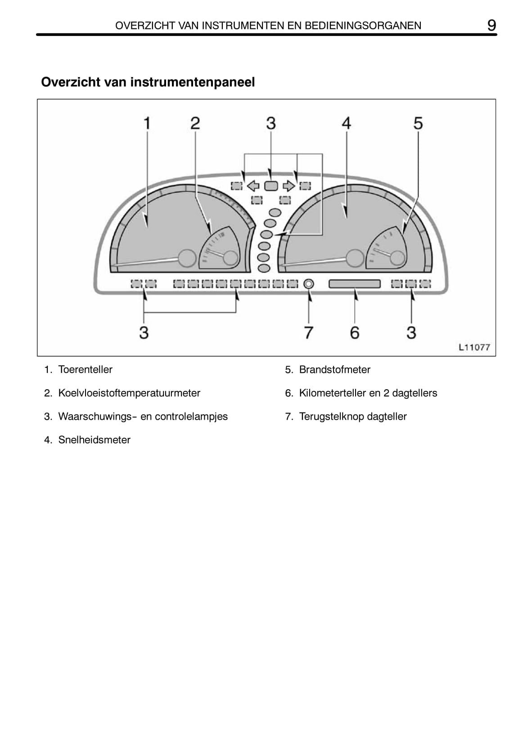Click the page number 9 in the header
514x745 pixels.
click(491, 25)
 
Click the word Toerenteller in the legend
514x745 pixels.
click(86, 369)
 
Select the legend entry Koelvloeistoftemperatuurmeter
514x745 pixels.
click(129, 393)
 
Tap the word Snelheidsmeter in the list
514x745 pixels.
click(95, 440)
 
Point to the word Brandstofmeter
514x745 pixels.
click(334, 369)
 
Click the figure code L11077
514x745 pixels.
click(474, 347)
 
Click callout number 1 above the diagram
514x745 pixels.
click(147, 123)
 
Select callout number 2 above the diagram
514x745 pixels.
click(195, 123)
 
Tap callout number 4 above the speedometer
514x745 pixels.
click(347, 123)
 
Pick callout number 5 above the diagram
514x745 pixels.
click(418, 123)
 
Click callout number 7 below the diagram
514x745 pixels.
click(309, 332)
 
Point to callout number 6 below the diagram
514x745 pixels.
click(355, 332)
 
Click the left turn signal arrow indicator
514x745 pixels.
click(253, 186)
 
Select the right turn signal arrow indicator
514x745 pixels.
click(289, 186)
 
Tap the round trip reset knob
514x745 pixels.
click(309, 284)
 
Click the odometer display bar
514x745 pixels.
click(355, 284)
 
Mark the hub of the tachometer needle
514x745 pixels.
click(187, 258)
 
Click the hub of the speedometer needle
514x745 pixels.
click(355, 258)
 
